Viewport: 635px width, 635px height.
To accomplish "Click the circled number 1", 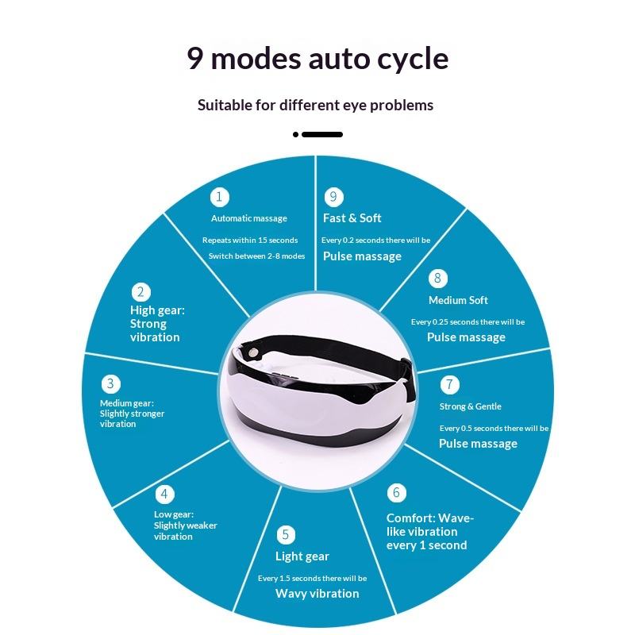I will point(220,197).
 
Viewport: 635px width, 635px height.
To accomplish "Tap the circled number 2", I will point(142,292).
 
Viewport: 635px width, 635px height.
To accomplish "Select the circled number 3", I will point(110,385).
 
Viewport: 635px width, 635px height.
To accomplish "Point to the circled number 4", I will point(164,495).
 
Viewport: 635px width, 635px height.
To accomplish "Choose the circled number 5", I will point(286,535).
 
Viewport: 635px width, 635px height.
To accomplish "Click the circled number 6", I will point(396,493).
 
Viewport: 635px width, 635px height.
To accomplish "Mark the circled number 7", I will point(449,385).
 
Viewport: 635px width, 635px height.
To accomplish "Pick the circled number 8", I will point(437,279).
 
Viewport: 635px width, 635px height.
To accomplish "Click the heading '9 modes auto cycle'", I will point(317,58).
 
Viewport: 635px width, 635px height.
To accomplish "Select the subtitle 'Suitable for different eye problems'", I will point(316,105).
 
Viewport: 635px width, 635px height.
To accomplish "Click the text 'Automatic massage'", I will point(249,218).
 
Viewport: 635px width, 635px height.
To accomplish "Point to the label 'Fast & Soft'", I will point(352,218).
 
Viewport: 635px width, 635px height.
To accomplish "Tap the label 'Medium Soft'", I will point(458,300).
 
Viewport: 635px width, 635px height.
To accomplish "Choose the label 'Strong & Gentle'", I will point(470,406).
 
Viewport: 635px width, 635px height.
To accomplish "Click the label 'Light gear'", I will point(302,556).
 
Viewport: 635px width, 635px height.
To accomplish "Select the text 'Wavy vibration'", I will point(317,594).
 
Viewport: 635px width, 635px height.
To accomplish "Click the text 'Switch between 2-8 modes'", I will point(256,256).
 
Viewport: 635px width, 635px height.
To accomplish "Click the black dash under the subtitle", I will point(321,134).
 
